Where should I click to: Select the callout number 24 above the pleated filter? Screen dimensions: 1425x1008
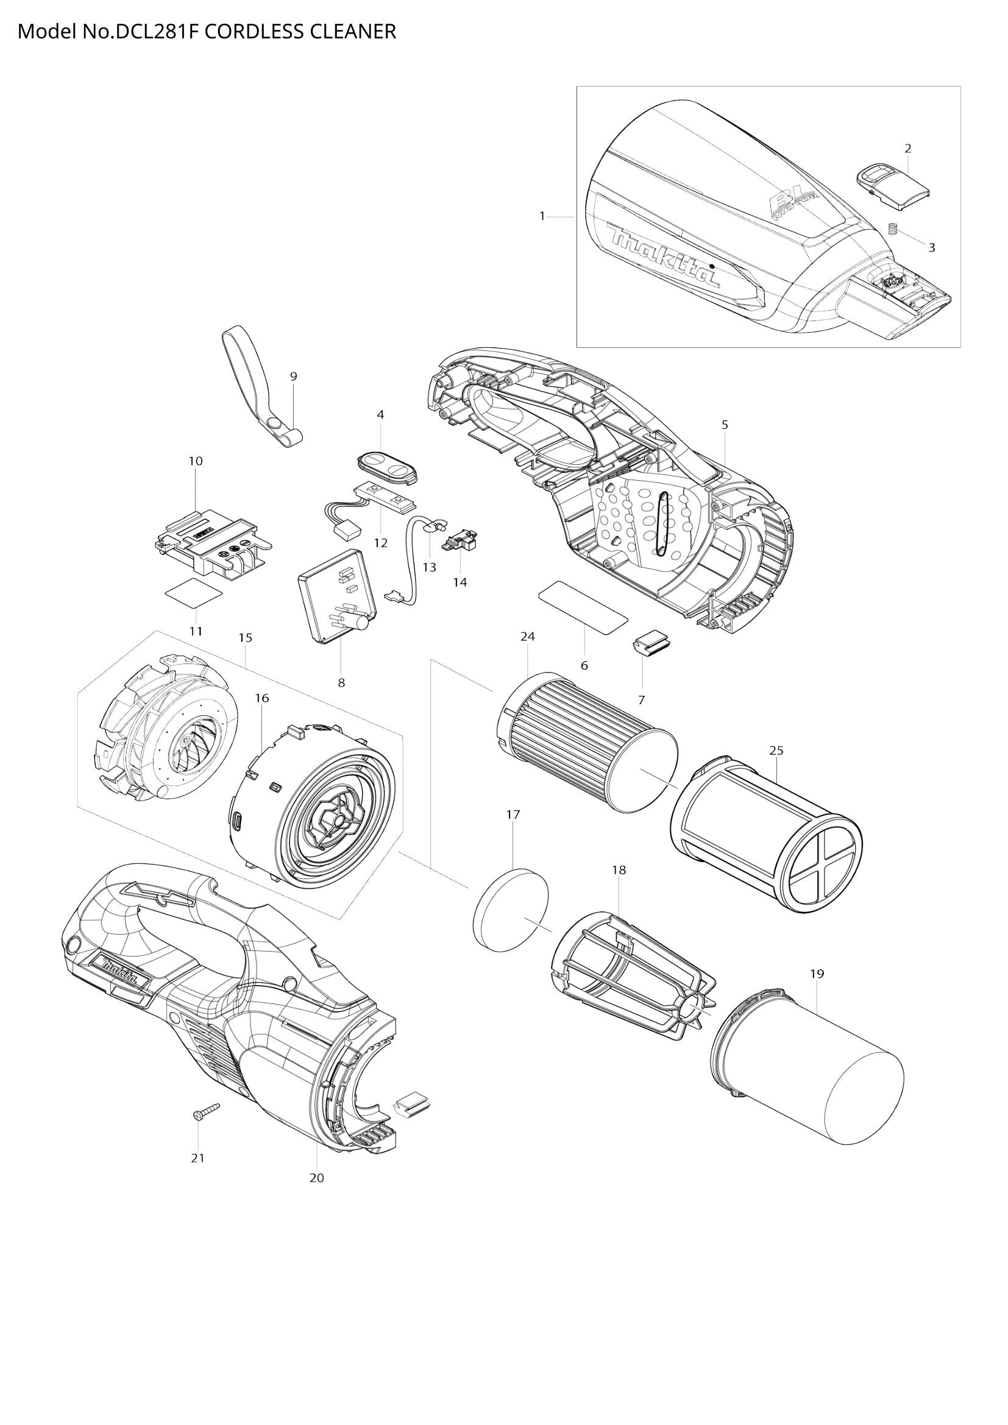coord(528,636)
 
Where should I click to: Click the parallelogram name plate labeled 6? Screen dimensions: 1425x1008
coord(583,607)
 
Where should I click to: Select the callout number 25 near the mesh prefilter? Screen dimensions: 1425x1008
coord(776,751)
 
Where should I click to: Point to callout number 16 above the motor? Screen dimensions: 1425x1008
coord(262,698)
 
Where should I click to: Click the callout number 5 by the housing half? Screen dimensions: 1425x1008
coord(725,425)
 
